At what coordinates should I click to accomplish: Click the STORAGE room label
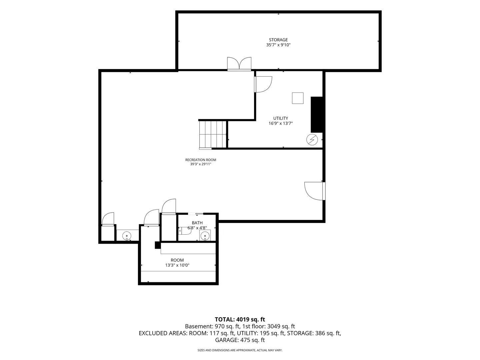point(278,40)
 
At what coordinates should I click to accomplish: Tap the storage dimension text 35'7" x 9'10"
point(278,45)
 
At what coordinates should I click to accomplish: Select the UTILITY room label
point(281,118)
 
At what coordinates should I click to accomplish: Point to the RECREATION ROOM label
point(201,160)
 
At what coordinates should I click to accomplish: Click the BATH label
point(197,223)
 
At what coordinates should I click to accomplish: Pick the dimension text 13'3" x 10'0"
point(177,265)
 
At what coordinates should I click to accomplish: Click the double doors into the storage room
point(239,64)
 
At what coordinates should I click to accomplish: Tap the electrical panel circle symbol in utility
point(312,139)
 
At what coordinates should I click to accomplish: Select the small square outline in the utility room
point(298,98)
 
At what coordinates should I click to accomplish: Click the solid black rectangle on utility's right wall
point(317,115)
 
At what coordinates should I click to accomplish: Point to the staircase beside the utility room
point(213,135)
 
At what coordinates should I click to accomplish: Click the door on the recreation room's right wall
point(315,191)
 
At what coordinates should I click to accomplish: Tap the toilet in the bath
point(184,231)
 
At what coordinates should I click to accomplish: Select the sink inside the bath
point(205,235)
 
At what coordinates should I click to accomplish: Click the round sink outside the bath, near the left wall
point(127,236)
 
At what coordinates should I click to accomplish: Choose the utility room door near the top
point(263,84)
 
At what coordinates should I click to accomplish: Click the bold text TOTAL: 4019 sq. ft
point(240,319)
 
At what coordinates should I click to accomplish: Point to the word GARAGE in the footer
point(227,340)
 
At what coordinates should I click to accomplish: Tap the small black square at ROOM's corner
point(158,245)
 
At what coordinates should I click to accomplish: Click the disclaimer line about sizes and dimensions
point(240,350)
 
